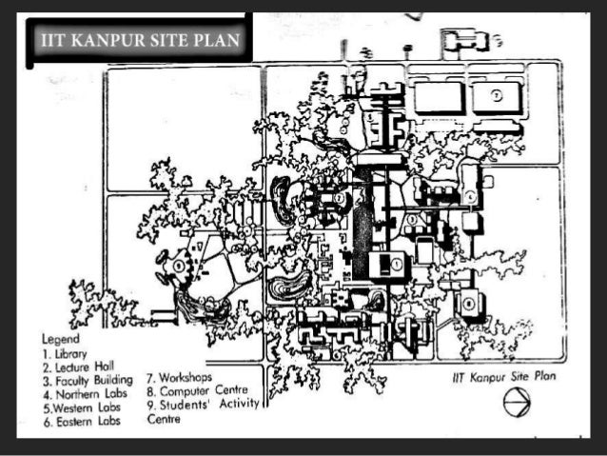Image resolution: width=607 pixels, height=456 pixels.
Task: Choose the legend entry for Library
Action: pyautogui.click(x=65, y=352)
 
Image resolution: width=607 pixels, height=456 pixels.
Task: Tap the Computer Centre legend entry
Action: pyautogui.click(x=196, y=390)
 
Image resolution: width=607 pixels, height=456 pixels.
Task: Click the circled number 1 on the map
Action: pyautogui.click(x=398, y=264)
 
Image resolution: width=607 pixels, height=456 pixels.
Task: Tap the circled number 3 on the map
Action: pyautogui.click(x=412, y=220)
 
